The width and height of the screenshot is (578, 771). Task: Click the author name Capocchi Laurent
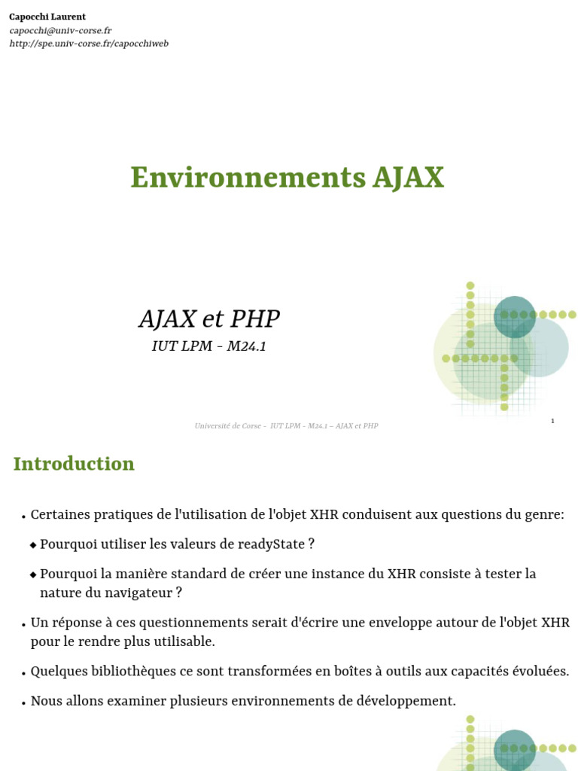pos(47,17)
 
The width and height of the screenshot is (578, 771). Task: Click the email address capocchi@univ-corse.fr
pos(60,30)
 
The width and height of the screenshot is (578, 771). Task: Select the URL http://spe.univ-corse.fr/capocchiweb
pos(89,43)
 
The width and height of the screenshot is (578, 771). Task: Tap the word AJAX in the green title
pos(409,178)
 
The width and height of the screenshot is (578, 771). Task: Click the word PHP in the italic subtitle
pos(255,318)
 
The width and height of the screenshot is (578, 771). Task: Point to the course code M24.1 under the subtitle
pos(246,346)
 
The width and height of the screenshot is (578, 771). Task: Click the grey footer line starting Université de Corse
pos(287,426)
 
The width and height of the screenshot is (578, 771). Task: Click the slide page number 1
pos(552,420)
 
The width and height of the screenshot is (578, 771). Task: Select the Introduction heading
pos(74,464)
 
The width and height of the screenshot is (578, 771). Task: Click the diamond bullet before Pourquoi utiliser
pos(33,545)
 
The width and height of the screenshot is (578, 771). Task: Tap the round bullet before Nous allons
pos(23,702)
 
